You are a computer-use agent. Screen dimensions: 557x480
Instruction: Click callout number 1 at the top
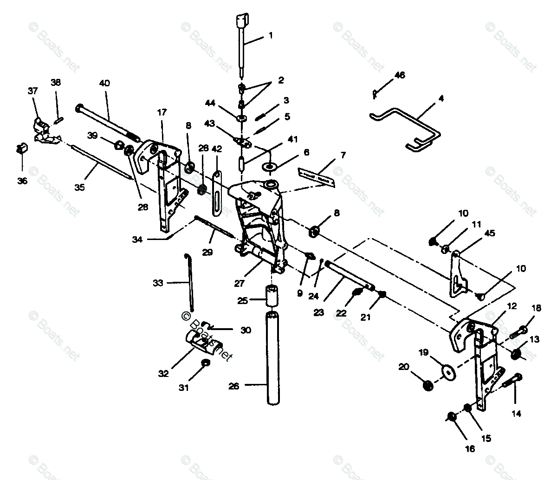[271, 36]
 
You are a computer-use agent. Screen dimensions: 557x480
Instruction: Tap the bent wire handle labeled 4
[408, 125]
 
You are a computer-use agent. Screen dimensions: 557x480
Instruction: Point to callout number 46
[400, 75]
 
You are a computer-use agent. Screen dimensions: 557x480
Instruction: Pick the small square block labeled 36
[21, 148]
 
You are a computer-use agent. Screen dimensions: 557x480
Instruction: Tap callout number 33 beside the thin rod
[158, 283]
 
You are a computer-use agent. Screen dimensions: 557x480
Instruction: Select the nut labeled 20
[428, 385]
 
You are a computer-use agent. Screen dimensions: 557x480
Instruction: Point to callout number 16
[470, 448]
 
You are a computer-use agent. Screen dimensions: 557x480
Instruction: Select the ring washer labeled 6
[271, 166]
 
